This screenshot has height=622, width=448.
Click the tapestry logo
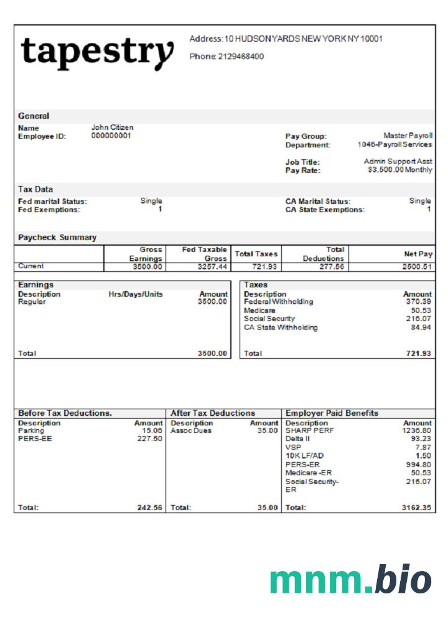(97, 53)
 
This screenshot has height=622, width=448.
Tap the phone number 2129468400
(241, 57)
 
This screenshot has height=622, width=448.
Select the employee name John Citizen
(112, 128)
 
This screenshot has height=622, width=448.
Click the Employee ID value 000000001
(111, 136)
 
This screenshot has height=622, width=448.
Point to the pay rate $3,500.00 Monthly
(400, 170)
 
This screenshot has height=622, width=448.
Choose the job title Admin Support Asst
(398, 162)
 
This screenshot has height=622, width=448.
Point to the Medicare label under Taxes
(259, 310)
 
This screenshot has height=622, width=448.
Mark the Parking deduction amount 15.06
(152, 430)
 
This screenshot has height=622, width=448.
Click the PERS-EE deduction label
(29, 439)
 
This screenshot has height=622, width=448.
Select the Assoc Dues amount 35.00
(268, 430)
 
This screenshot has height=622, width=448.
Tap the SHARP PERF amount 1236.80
(417, 430)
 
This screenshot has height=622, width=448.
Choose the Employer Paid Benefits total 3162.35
(416, 508)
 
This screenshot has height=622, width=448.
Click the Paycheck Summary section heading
(57, 238)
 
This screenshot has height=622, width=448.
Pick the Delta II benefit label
(297, 439)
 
